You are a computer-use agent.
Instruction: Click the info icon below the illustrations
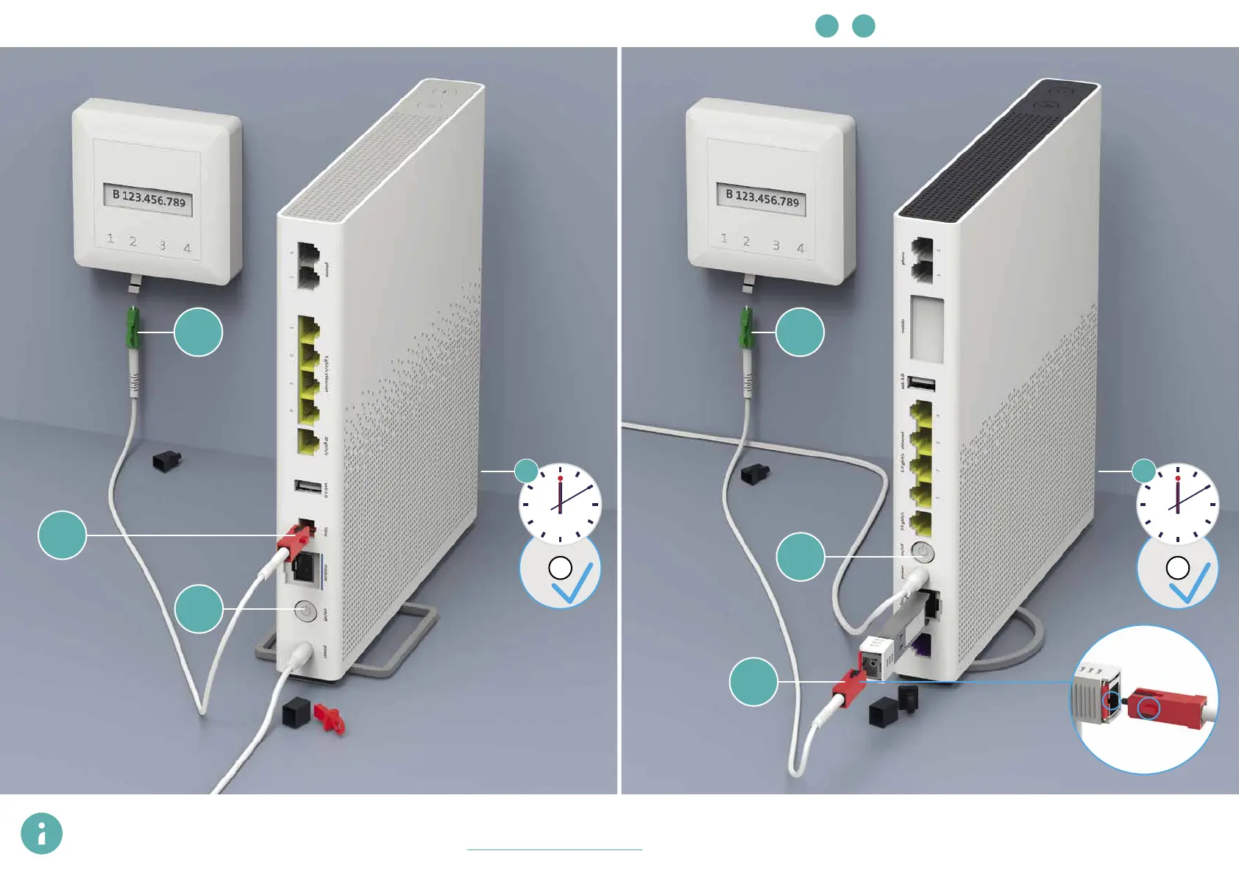(x=41, y=833)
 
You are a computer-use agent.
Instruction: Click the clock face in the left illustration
(x=560, y=504)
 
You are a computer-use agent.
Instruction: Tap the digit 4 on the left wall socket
(x=187, y=249)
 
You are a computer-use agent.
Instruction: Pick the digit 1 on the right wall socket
(x=724, y=238)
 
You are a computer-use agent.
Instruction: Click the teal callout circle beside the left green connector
(x=198, y=332)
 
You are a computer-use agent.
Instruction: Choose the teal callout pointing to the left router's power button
(x=199, y=608)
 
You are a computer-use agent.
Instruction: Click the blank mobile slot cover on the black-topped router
(x=927, y=328)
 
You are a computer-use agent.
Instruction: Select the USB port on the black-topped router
(x=921, y=384)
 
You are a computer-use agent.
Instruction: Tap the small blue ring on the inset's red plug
(x=1149, y=709)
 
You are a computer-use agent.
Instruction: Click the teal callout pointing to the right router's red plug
(x=753, y=682)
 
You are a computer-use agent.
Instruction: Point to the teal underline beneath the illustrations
(x=554, y=850)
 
